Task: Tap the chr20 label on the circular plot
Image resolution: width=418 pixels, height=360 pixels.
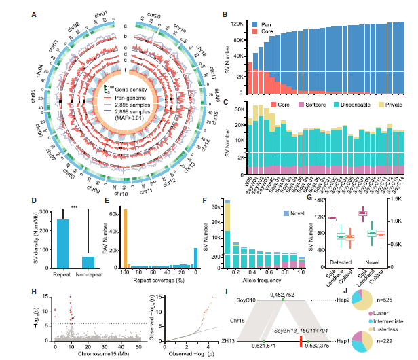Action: click(x=154, y=15)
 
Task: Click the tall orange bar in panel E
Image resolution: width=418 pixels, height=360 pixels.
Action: click(x=125, y=238)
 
